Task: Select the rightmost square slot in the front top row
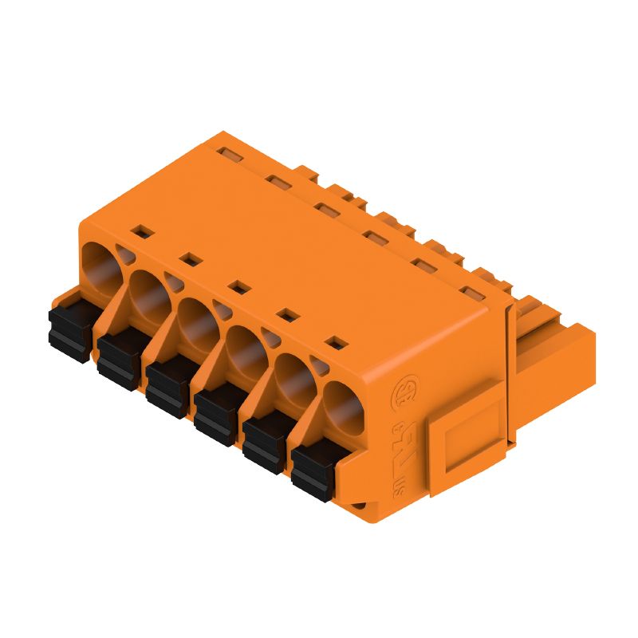pos(338,343)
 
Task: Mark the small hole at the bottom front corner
pos(360,504)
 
